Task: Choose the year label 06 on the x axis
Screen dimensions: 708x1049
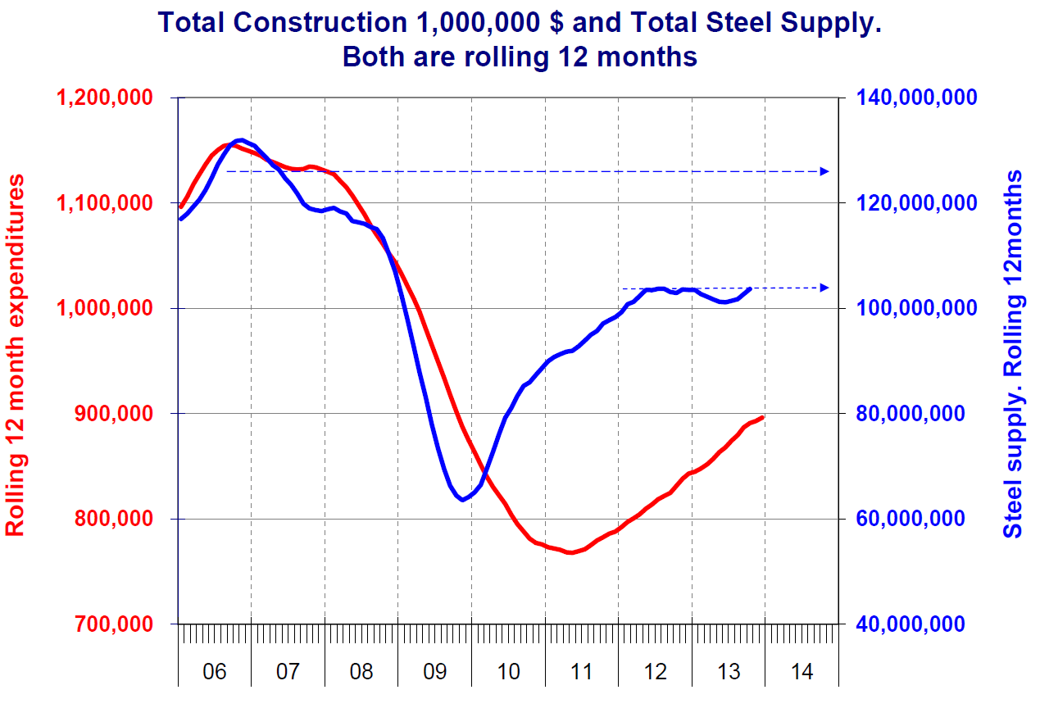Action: point(214,672)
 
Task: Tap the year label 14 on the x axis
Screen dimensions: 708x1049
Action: point(802,672)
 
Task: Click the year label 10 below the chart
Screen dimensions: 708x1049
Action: point(508,672)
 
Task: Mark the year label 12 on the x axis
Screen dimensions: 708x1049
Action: point(656,672)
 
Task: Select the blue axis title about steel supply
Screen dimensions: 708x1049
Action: point(1015,354)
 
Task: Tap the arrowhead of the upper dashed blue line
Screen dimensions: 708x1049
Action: point(825,171)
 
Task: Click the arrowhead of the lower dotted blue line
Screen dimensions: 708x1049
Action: point(825,288)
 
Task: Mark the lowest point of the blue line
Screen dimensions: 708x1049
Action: point(463,500)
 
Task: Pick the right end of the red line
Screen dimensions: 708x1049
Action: point(763,417)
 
